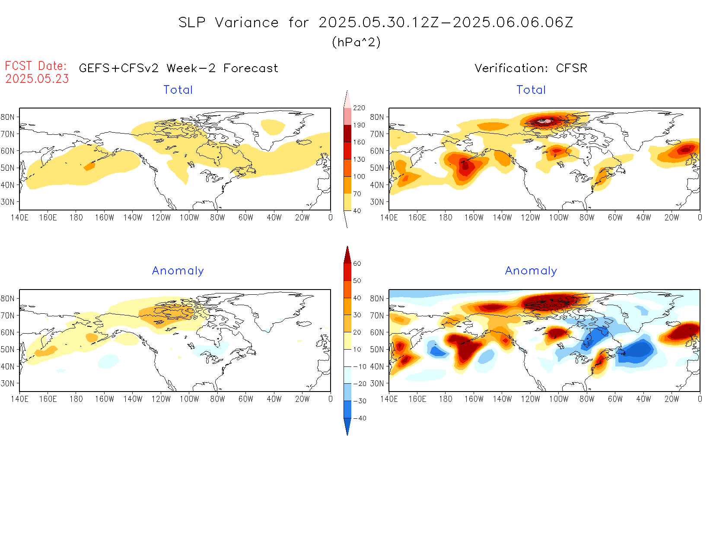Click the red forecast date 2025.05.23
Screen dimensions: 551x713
click(x=37, y=79)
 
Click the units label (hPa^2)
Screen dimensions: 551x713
click(x=356, y=42)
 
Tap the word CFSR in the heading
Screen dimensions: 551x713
click(x=571, y=68)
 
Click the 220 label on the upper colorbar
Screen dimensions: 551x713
click(x=359, y=108)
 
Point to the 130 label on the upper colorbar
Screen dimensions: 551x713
click(x=359, y=159)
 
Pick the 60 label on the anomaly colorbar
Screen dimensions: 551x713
click(x=357, y=264)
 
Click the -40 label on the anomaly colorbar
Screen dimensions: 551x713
click(x=360, y=418)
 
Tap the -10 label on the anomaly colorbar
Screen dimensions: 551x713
click(x=360, y=366)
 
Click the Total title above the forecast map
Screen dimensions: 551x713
click(x=178, y=90)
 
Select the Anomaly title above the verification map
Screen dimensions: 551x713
click(x=531, y=271)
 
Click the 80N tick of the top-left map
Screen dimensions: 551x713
click(x=8, y=117)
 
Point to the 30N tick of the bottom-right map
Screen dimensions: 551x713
click(x=377, y=383)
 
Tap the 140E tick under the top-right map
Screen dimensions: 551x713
click(x=389, y=218)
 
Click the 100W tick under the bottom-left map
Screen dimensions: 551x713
click(x=189, y=399)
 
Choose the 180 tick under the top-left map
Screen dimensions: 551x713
click(x=76, y=218)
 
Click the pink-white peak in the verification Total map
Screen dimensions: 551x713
click(x=547, y=121)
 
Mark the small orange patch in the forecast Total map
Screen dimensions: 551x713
click(x=89, y=166)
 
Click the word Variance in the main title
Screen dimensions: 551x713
click(x=247, y=22)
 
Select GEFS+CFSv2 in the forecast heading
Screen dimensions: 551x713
click(x=119, y=68)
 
